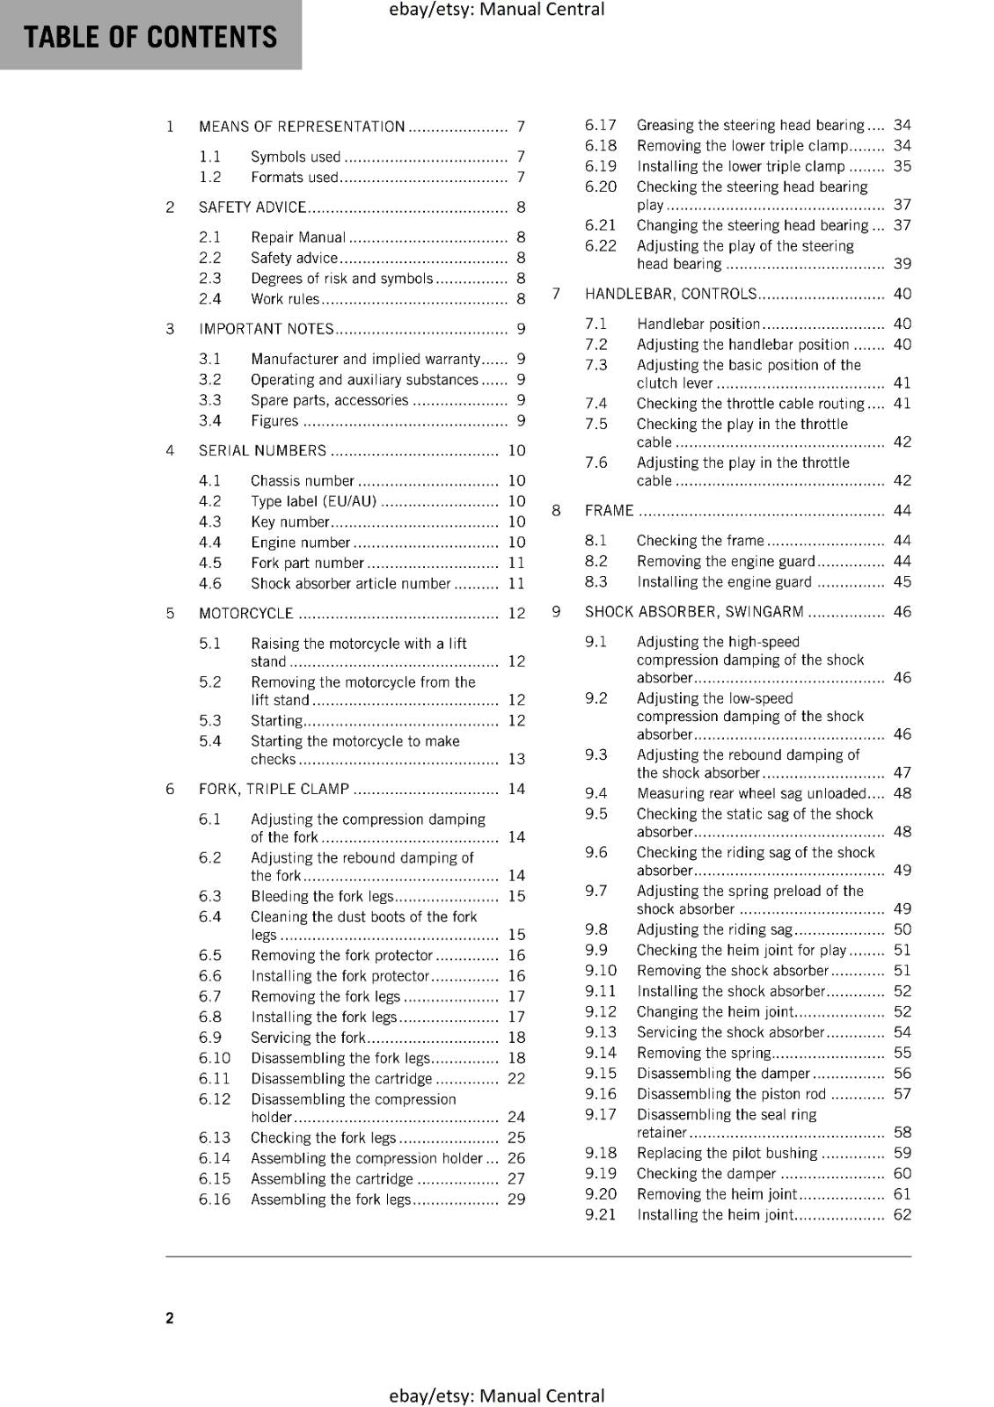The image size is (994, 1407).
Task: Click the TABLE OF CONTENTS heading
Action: click(150, 37)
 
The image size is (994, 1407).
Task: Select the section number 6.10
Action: click(215, 1058)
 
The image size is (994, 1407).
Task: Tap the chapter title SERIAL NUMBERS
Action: click(262, 451)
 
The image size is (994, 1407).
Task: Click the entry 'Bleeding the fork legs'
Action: click(322, 896)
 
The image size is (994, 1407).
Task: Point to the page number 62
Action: click(902, 1214)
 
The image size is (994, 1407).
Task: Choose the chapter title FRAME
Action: click(609, 511)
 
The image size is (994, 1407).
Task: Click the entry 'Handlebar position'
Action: click(698, 324)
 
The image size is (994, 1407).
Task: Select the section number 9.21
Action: click(601, 1214)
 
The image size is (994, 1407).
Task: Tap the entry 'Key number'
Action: click(289, 521)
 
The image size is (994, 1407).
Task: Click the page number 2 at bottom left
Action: click(170, 1317)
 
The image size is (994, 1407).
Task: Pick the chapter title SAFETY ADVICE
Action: click(252, 208)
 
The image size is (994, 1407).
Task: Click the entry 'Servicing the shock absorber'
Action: click(730, 1032)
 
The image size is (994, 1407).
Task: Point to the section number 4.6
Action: click(210, 583)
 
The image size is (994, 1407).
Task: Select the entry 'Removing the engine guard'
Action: click(726, 561)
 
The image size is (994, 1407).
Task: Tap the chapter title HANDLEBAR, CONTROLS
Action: click(670, 294)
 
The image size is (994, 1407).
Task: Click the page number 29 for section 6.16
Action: click(516, 1199)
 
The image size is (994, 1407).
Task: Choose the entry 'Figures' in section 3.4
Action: click(274, 420)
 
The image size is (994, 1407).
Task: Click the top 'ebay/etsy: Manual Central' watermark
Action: click(496, 10)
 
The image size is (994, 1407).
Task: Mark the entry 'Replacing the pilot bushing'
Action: click(727, 1153)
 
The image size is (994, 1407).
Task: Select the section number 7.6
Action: click(596, 463)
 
